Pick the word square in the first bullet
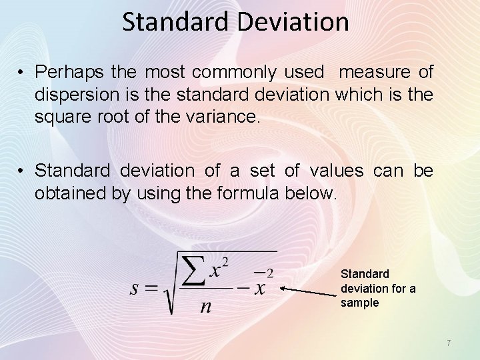tap(58, 118)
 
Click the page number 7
tap(449, 343)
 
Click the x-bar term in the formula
tap(259, 287)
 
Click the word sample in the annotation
tap(359, 303)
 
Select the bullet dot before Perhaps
tap(22, 71)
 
